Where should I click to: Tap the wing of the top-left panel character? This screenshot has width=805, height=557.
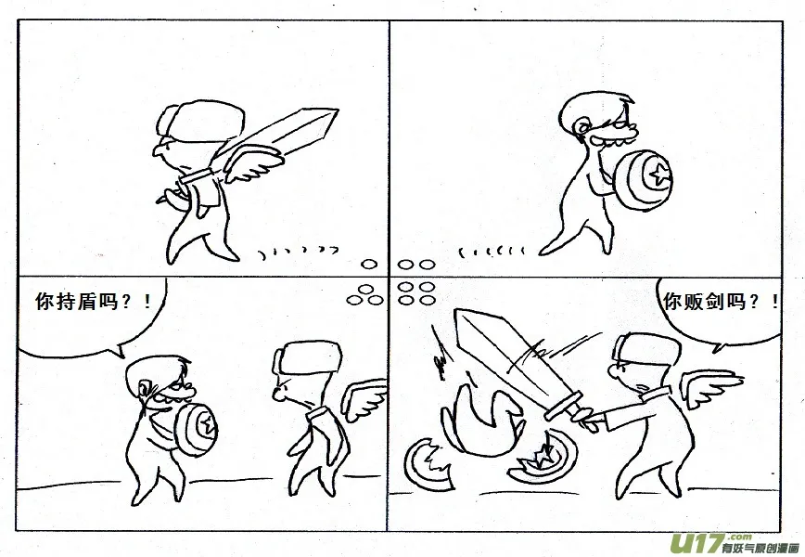click(x=254, y=163)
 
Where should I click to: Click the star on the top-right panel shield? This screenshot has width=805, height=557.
click(x=658, y=175)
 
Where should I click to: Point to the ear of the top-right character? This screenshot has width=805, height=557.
click(x=581, y=125)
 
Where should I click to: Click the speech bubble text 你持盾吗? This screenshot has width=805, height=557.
click(x=77, y=301)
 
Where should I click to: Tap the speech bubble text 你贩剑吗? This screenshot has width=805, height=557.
click(x=704, y=301)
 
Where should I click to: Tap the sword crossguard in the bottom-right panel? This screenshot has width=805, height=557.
click(x=564, y=406)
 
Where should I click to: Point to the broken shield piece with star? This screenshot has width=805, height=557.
click(x=543, y=459)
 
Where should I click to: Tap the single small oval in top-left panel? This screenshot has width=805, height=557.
click(x=368, y=265)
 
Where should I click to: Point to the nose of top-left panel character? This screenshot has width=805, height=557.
click(x=157, y=151)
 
